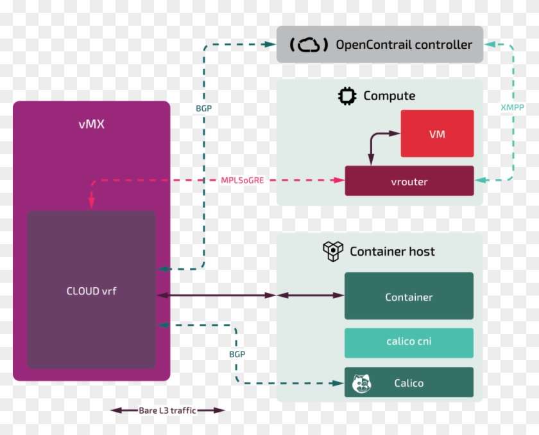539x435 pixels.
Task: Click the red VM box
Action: point(437,134)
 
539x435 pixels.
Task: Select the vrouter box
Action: point(409,181)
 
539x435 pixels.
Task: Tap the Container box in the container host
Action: point(409,296)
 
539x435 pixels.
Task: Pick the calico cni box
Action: point(409,342)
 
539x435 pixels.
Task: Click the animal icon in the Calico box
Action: point(362,384)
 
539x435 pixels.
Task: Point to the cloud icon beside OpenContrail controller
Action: point(309,45)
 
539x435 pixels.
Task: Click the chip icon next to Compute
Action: point(347,96)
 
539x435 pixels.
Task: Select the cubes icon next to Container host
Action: point(333,251)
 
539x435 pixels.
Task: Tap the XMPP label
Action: point(511,108)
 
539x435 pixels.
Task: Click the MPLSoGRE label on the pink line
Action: point(242,181)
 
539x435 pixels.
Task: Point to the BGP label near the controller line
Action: point(204,109)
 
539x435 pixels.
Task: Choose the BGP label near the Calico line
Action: point(237,354)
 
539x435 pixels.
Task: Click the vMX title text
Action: point(91,124)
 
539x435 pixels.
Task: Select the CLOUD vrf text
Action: point(91,291)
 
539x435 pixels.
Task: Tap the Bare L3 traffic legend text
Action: point(168,410)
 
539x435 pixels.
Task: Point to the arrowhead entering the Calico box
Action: point(339,384)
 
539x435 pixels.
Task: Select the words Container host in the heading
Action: point(392,251)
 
